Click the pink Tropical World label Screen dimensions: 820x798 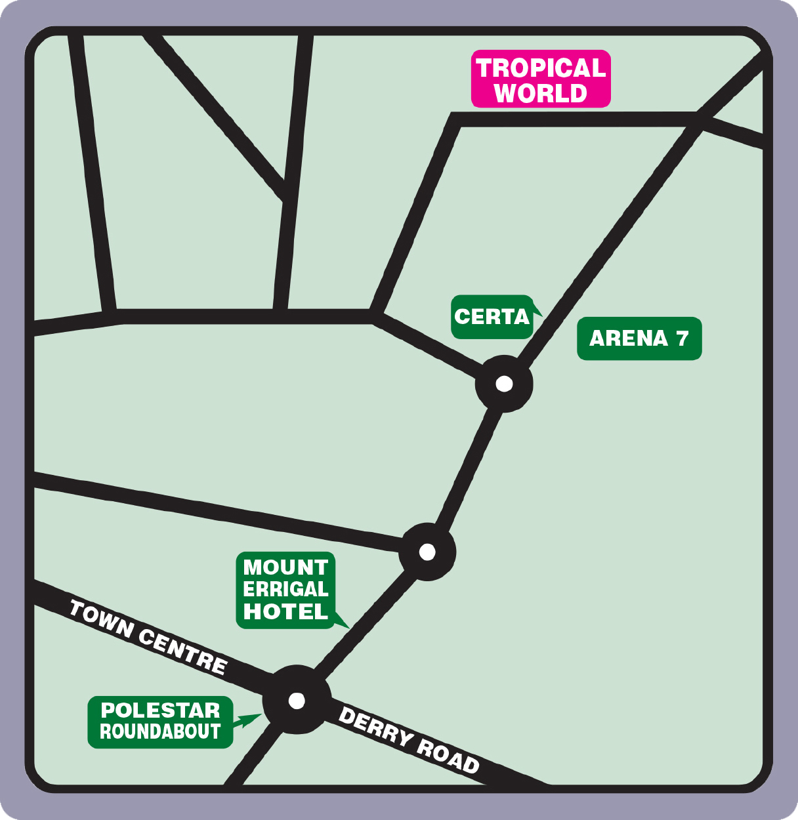coord(541,79)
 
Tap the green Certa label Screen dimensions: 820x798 coord(492,317)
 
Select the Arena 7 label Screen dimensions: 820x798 coord(639,338)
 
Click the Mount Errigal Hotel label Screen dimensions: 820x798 coord(285,590)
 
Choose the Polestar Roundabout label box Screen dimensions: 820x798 coord(160,722)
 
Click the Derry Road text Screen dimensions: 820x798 coord(409,740)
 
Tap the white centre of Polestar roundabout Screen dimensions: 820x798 coord(297,701)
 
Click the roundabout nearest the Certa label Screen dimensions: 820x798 coord(504,384)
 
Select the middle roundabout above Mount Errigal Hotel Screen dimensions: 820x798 coord(427,552)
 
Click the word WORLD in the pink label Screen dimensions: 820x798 coord(541,93)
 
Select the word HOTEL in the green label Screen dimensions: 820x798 coord(285,611)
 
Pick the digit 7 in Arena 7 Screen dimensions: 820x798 coord(682,338)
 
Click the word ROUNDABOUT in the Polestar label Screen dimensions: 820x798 coord(160,731)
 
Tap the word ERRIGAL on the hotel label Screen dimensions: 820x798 coord(285,589)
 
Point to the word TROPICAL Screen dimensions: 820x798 coord(541,68)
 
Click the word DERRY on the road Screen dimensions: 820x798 coord(376,727)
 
